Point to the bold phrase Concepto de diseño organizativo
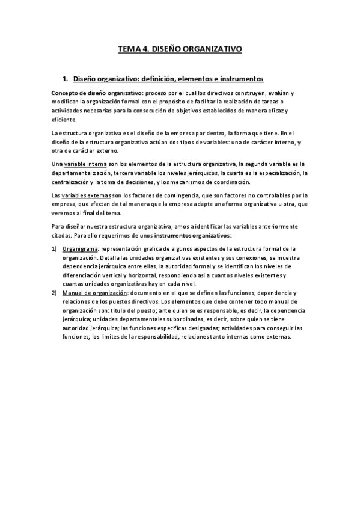coord(97,94)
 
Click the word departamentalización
coord(81,173)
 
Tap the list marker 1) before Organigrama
coord(55,249)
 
